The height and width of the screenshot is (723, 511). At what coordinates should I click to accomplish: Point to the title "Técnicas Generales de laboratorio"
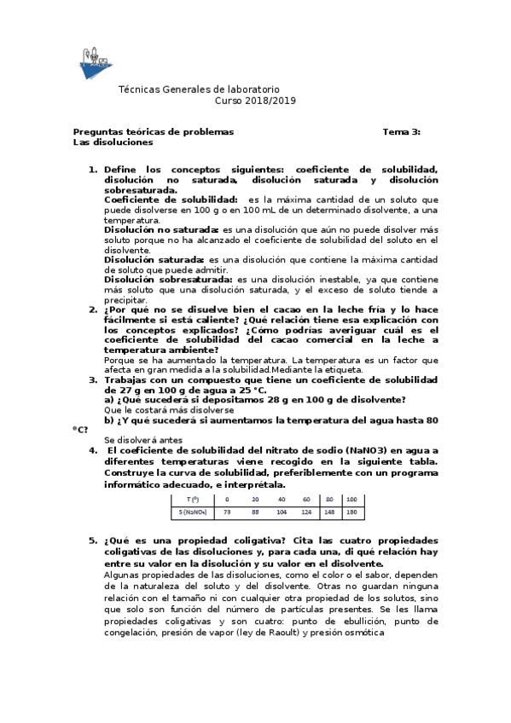point(198,90)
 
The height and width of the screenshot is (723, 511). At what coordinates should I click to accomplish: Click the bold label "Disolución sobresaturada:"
point(168,279)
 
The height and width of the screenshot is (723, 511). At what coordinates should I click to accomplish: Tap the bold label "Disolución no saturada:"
point(161,230)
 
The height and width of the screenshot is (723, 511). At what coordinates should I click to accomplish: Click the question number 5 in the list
point(93,541)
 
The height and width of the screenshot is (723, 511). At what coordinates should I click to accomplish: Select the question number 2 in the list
point(93,309)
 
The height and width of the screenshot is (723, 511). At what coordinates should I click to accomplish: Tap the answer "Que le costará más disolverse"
point(168,410)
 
